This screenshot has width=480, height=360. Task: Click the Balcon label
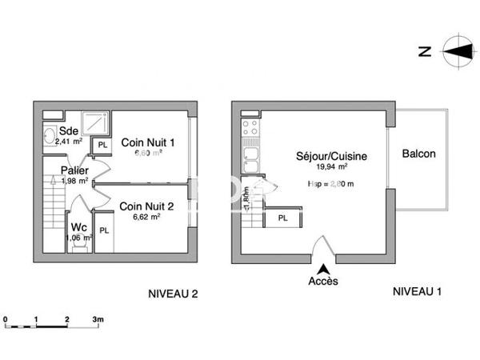[419, 154]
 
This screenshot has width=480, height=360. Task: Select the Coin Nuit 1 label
[147, 142]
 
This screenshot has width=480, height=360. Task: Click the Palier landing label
[74, 170]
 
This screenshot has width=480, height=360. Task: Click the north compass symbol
[457, 51]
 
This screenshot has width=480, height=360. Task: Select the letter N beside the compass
[426, 52]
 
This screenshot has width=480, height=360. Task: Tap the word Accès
[323, 282]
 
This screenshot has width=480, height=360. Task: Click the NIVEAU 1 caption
[417, 292]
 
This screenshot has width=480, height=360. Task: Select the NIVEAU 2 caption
[174, 293]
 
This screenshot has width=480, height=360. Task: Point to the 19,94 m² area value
[331, 167]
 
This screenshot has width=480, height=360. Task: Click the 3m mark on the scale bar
[98, 318]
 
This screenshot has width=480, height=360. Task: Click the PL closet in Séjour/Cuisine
[282, 218]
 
